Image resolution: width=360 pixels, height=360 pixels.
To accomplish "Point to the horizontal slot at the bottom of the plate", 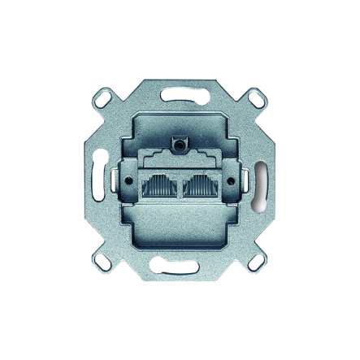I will click(x=180, y=267).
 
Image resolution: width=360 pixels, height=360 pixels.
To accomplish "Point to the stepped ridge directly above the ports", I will click(x=180, y=157).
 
